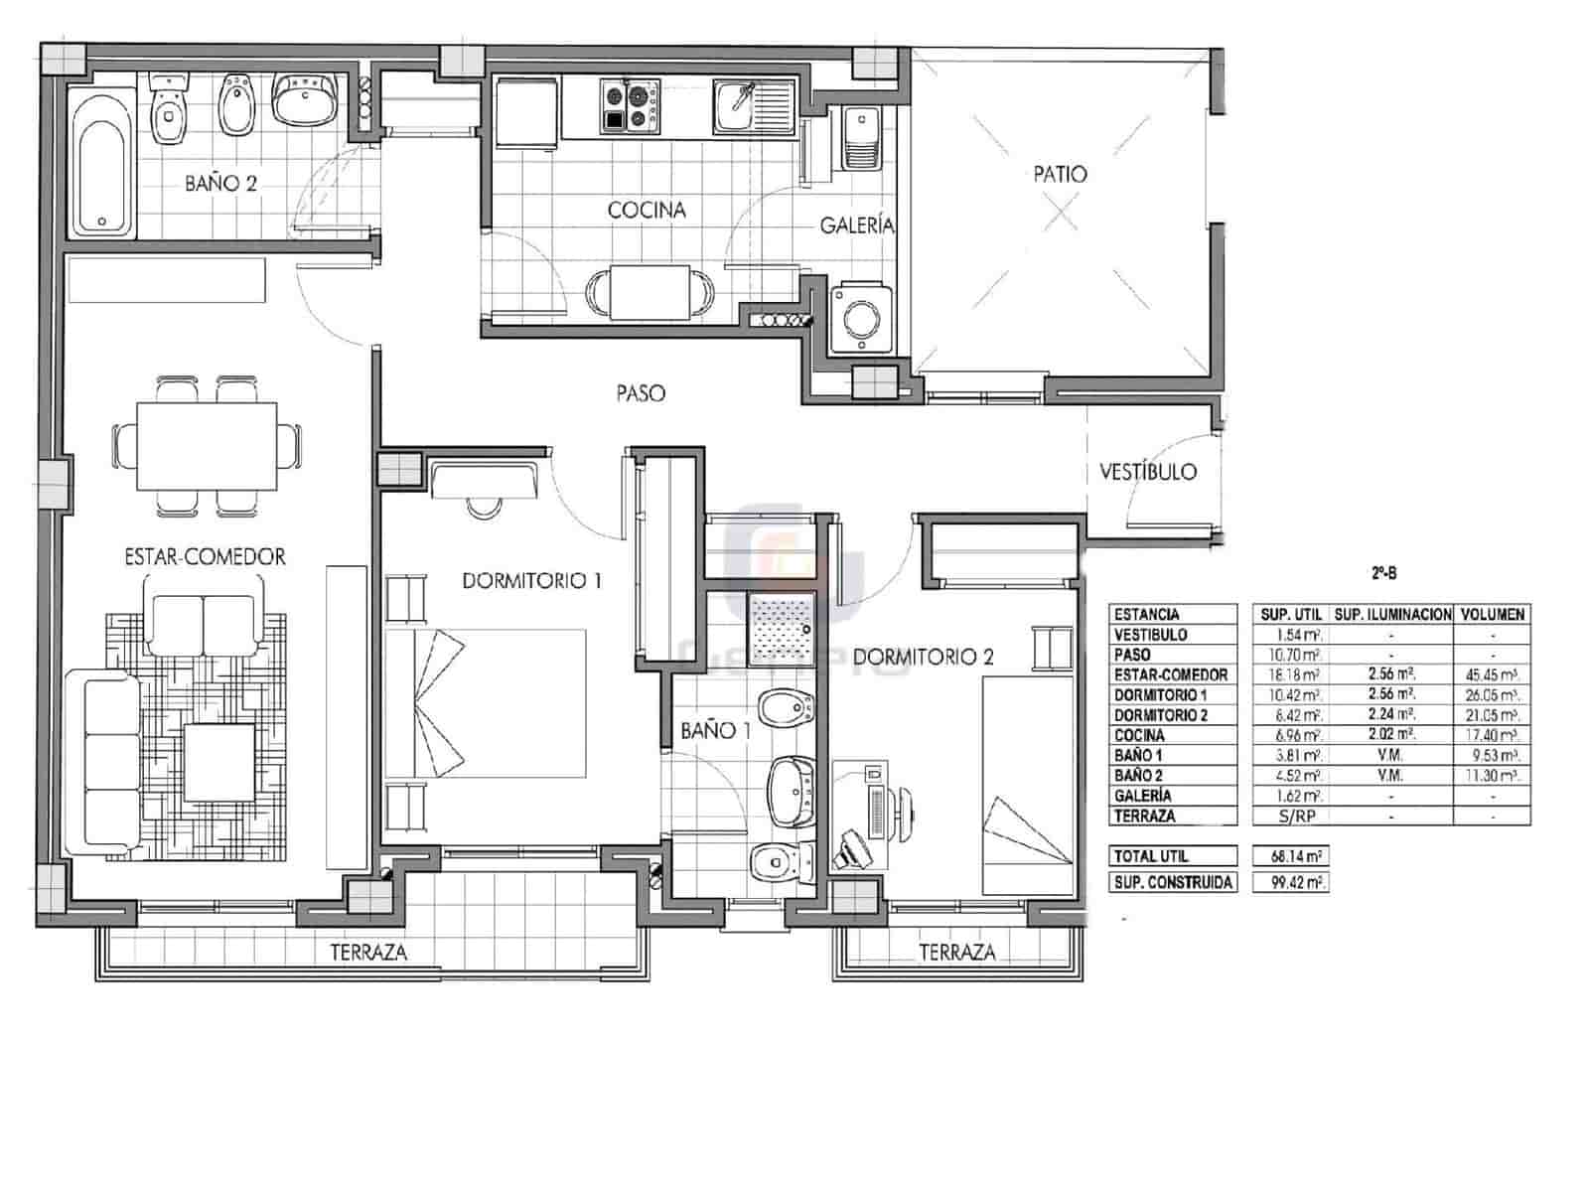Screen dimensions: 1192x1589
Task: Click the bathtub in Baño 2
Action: (x=101, y=162)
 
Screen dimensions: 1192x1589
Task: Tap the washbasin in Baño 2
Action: (x=305, y=101)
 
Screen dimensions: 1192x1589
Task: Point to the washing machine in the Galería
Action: (x=855, y=319)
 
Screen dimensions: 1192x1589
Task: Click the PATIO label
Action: (x=1060, y=175)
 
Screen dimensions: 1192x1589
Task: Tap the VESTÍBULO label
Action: (x=1147, y=472)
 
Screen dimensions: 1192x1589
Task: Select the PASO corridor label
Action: (x=641, y=393)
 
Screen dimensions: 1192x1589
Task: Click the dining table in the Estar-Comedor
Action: (x=207, y=445)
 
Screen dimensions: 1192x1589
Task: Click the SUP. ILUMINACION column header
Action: (x=1392, y=615)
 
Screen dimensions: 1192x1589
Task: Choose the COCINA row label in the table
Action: (x=1139, y=736)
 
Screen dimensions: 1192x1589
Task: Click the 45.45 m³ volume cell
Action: (x=1492, y=675)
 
